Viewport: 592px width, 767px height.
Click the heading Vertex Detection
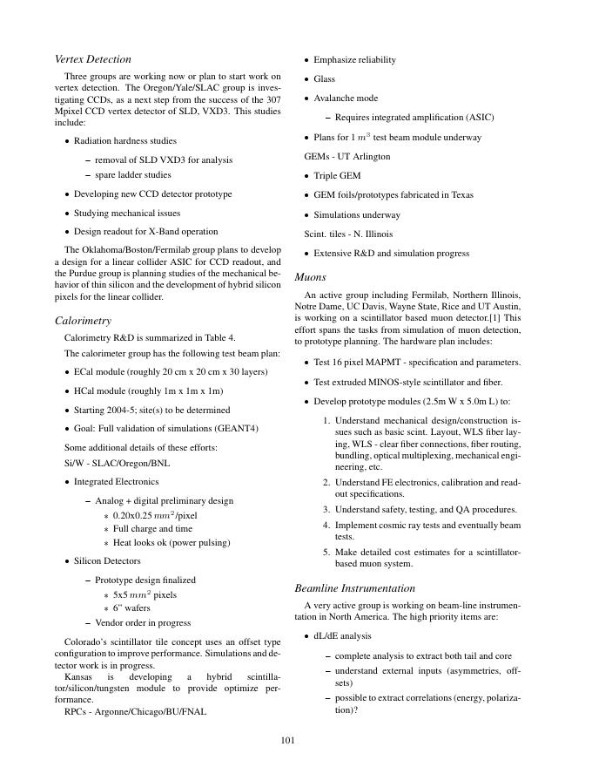(x=92, y=59)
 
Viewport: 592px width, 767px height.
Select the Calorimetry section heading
(x=83, y=321)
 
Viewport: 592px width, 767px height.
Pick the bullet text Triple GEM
(x=337, y=176)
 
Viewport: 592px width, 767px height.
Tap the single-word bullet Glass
(x=324, y=79)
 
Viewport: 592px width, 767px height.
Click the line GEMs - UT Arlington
(x=346, y=157)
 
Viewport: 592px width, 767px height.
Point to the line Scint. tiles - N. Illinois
(x=347, y=234)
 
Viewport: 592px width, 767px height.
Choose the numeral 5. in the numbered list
(x=326, y=551)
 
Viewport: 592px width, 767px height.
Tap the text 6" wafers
(x=131, y=608)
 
